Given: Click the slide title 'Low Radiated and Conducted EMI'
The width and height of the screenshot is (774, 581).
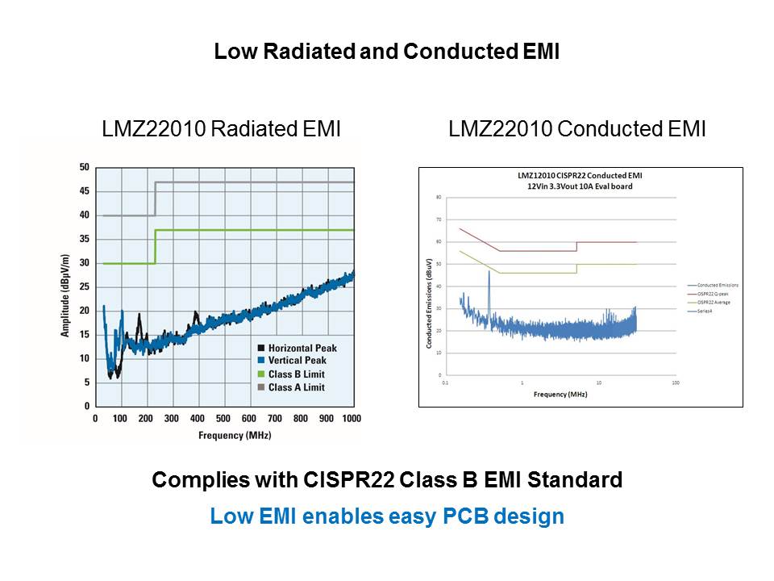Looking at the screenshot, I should coord(386,52).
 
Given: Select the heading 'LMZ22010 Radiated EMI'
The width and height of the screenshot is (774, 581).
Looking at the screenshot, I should coord(221,129).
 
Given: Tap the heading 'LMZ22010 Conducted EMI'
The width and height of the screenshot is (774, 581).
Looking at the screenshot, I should coord(577,129).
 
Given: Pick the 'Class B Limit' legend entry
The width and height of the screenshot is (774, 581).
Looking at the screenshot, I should coord(297,374).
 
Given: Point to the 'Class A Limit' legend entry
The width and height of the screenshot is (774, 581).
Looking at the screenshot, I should coord(297,387).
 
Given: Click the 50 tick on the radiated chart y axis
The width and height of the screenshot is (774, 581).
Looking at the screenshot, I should coord(84,168).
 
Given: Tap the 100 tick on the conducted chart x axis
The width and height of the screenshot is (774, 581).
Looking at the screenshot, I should coord(675,382).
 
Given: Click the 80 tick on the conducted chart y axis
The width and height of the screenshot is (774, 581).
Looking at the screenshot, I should coord(439,197).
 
